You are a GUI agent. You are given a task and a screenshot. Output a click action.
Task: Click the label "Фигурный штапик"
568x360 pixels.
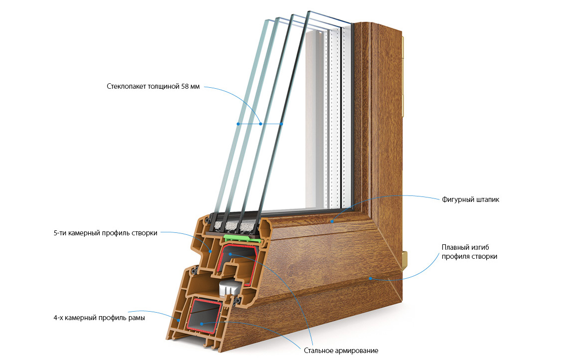[x=470, y=200]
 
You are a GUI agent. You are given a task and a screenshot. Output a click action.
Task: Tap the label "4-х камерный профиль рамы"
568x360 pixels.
[x=99, y=318]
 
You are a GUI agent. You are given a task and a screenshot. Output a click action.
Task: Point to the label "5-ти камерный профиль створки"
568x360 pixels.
[x=105, y=233]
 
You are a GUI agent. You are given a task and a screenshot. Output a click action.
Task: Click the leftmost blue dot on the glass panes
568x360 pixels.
[x=239, y=123]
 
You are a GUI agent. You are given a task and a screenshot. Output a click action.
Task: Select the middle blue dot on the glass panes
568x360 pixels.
[x=260, y=123]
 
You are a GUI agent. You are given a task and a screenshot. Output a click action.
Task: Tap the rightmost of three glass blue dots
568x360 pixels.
[x=282, y=123]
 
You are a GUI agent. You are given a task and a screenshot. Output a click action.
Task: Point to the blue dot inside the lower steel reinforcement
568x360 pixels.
[x=201, y=323]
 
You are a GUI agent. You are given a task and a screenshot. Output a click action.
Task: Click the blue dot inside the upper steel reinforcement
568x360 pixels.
[x=230, y=254]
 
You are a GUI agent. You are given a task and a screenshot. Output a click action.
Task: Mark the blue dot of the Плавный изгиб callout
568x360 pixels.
[x=370, y=278]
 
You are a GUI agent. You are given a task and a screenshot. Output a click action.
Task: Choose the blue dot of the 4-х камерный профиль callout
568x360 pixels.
[x=176, y=318]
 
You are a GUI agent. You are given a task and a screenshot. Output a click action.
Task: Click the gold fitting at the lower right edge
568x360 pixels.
[x=405, y=258]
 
